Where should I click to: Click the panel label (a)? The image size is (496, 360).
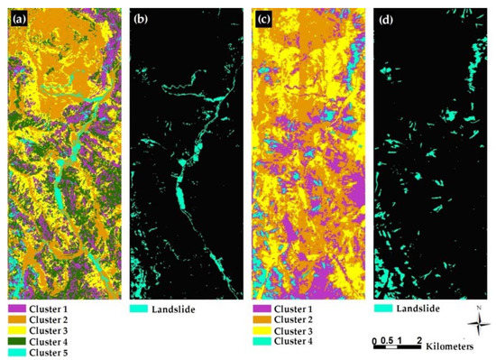pyautogui.click(x=17, y=14)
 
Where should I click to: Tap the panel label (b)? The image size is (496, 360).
pyautogui.click(x=142, y=14)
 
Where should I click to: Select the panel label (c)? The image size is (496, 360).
pyautogui.click(x=267, y=14)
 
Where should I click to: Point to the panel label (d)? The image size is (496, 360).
pyautogui.click(x=386, y=14)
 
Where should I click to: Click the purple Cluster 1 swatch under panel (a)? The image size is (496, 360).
pyautogui.click(x=17, y=309)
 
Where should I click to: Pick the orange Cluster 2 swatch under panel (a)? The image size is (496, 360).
pyautogui.click(x=17, y=320)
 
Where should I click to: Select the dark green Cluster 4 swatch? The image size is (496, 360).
pyautogui.click(x=17, y=342)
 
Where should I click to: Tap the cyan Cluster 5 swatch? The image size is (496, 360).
pyautogui.click(x=17, y=353)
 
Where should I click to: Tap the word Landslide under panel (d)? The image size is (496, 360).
pyautogui.click(x=420, y=309)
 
